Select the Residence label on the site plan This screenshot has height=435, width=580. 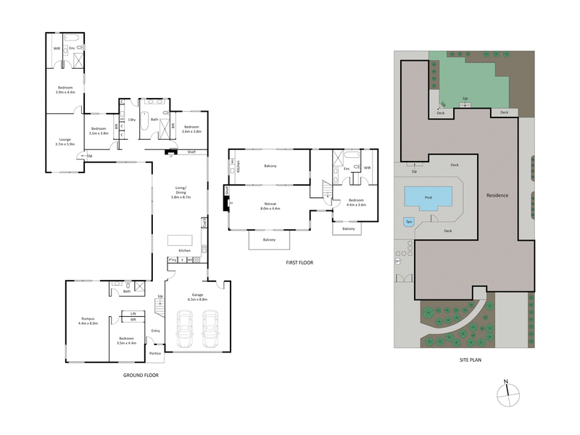(x=497, y=196)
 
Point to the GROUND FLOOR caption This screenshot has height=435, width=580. (x=141, y=376)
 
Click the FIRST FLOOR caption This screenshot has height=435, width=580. (x=299, y=262)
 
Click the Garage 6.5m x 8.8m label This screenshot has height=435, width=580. (x=197, y=297)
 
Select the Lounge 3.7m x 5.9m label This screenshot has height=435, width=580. (x=65, y=143)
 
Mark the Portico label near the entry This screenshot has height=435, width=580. (x=155, y=354)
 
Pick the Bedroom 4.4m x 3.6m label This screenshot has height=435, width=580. (x=356, y=202)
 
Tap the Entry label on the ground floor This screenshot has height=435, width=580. (x=155, y=331)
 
